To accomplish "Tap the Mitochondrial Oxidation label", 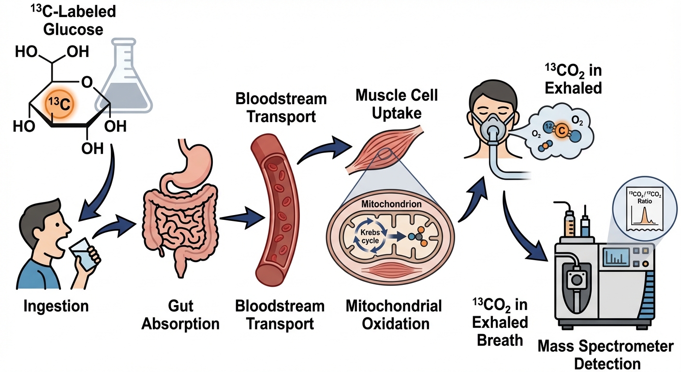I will [394, 314].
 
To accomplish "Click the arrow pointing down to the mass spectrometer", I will [525, 228].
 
